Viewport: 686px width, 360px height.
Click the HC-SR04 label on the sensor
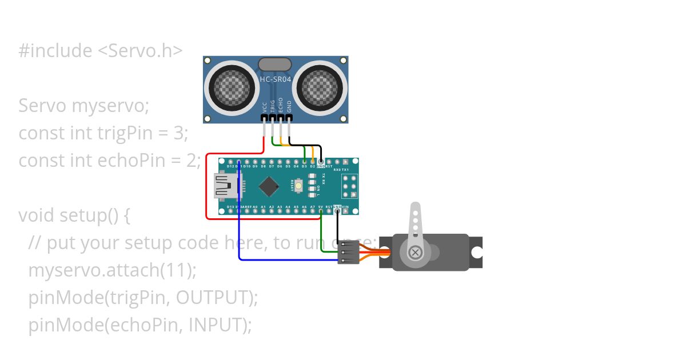pos(276,79)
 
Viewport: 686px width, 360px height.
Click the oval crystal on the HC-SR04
pos(276,64)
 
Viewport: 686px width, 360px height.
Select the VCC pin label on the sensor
pos(265,107)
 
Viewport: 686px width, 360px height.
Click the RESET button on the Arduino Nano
pos(299,186)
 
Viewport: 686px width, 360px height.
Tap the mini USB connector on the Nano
pos(226,186)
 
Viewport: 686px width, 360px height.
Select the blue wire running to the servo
pos(286,260)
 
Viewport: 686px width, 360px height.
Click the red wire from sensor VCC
pos(206,189)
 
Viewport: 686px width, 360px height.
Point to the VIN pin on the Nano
pos(345,211)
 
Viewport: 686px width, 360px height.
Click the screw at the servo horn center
pos(416,252)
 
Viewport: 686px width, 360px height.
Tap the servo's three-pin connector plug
pos(348,252)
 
